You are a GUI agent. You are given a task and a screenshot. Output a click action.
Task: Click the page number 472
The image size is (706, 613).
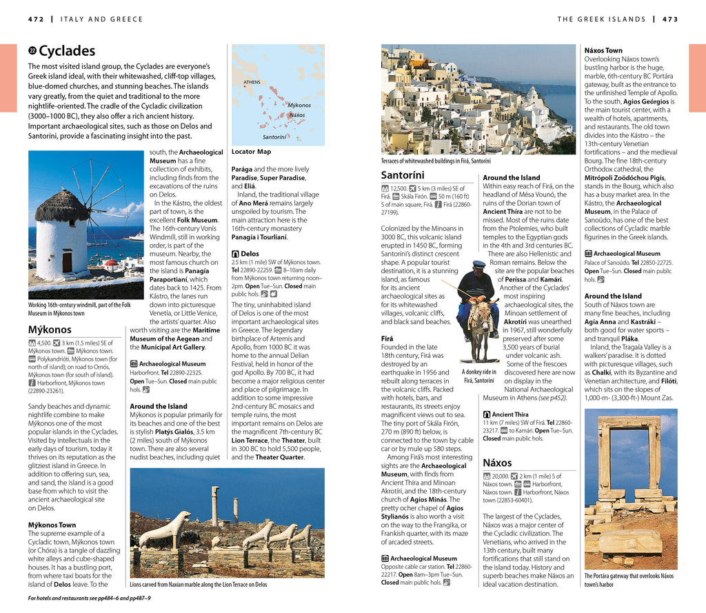[x=36, y=19]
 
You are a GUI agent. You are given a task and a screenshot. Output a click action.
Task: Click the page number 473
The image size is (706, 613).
[x=670, y=19]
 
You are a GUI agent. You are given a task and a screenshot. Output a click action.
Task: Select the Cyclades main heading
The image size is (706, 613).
[x=67, y=51]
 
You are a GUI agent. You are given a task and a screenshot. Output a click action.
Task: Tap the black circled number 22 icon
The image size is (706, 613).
[x=32, y=51]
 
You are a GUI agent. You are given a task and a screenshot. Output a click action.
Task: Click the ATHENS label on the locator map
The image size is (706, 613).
[x=252, y=83]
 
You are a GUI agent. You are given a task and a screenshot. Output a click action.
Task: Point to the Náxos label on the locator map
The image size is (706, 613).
[x=297, y=115]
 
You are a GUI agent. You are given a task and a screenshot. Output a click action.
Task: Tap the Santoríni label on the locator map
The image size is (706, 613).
[x=274, y=137]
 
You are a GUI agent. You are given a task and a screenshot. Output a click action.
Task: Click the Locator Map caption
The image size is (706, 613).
[x=251, y=152]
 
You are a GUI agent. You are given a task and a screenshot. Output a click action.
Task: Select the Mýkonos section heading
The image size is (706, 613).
[x=50, y=330]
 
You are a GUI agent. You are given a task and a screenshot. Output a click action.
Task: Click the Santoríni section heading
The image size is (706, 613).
[x=403, y=175]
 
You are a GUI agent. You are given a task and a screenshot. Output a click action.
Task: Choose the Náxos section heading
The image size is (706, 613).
[x=497, y=462]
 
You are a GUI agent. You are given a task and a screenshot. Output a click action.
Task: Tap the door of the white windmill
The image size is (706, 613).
[x=67, y=261]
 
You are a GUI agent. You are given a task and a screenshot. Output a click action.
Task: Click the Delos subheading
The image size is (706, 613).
[x=250, y=254]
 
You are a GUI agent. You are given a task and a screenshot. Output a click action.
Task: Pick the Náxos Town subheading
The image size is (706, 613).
[x=603, y=50]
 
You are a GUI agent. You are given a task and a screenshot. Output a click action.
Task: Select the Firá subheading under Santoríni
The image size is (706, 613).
[x=387, y=339]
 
